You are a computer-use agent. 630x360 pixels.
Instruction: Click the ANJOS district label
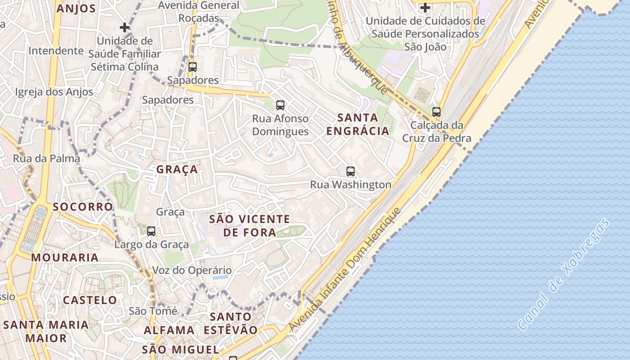[76, 9]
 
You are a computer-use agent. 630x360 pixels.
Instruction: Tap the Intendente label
[56, 51]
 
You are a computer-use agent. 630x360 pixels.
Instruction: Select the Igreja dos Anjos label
[54, 92]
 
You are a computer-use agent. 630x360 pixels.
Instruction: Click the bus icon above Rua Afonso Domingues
[280, 105]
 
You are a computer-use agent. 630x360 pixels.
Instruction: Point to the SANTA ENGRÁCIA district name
[358, 124]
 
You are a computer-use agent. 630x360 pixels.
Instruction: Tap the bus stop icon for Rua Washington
[351, 171]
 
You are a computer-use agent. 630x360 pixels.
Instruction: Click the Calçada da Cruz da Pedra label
[436, 131]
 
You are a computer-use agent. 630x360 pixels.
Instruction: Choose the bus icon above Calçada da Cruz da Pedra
[436, 112]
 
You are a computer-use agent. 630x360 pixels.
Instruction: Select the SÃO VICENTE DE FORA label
[250, 225]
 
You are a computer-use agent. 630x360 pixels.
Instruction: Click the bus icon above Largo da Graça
[151, 231]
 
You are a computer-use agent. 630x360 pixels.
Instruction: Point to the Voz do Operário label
[192, 270]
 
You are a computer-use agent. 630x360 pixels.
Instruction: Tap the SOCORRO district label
[82, 207]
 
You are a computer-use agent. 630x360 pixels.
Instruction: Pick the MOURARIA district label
[65, 257]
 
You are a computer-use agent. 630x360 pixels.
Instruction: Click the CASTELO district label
[90, 300]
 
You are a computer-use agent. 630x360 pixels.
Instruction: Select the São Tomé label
[150, 311]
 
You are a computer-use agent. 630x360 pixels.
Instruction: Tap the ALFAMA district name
[169, 330]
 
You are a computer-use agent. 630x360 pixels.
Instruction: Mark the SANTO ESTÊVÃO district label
[230, 323]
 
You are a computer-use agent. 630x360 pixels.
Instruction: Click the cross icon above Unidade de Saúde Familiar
[125, 27]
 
